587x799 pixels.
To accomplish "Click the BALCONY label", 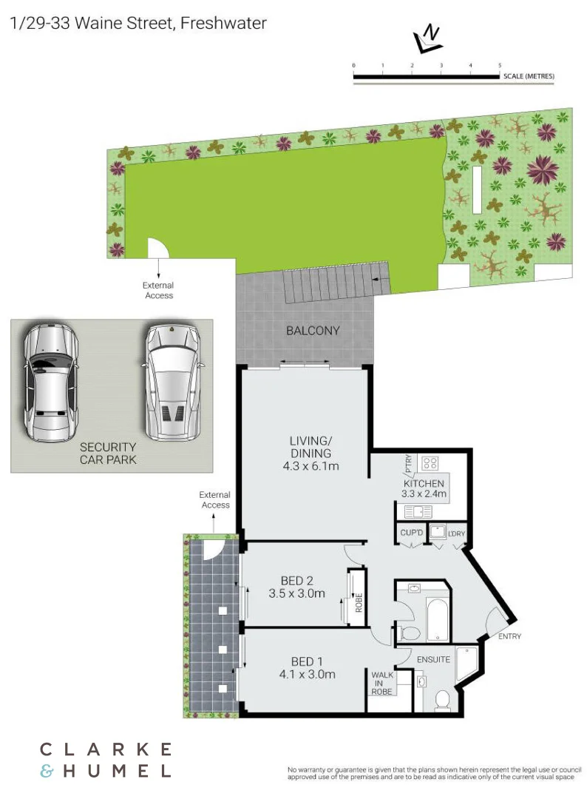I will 312,331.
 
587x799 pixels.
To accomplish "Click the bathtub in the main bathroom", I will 437,613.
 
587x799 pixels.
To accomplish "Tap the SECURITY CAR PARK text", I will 108,453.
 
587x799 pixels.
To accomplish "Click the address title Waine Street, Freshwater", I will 138,23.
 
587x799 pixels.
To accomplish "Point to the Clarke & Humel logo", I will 105,760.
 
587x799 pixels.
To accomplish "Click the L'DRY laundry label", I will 455,533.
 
